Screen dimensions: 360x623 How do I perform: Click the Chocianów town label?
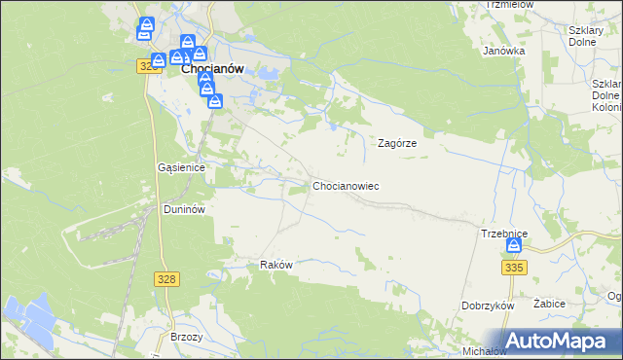point(211,69)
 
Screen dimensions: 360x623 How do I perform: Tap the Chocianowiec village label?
point(345,185)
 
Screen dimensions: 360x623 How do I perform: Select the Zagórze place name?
point(397,142)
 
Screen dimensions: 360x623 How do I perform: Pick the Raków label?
point(276,265)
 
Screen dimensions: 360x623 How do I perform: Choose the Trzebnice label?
point(503,234)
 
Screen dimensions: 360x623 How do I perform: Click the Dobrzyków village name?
point(488,306)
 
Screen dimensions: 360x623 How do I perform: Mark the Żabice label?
point(550,304)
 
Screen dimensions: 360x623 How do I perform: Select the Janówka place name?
point(504,51)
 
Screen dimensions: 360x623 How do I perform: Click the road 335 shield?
point(515,266)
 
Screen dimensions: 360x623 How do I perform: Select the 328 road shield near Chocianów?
point(148,65)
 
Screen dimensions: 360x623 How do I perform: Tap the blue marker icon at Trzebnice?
point(513,247)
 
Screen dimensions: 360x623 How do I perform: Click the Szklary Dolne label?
point(587,35)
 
